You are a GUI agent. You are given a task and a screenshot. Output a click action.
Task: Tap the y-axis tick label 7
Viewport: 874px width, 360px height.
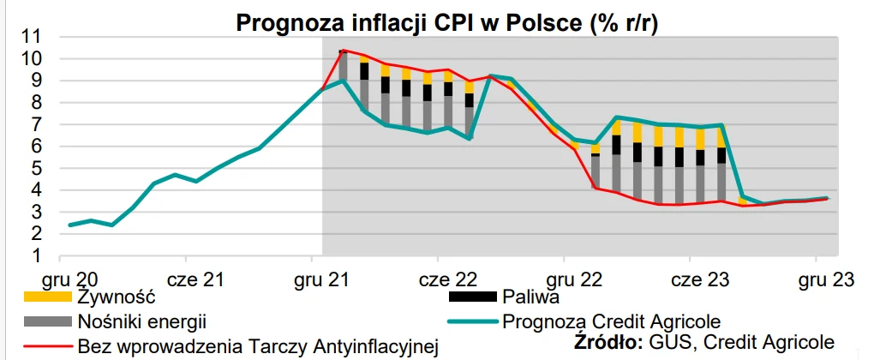click(37, 124)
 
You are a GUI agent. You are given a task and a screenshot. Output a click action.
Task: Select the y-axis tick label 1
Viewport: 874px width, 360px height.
click(37, 255)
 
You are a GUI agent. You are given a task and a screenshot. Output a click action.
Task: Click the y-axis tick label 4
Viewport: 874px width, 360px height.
click(37, 190)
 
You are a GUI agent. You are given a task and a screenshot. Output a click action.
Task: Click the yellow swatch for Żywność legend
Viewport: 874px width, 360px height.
click(45, 298)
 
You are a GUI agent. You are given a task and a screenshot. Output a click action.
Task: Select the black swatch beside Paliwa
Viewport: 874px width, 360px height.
click(472, 298)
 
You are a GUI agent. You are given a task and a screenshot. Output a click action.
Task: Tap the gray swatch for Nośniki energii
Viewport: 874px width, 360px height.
click(45, 322)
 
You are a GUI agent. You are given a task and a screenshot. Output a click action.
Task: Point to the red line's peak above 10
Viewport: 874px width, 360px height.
click(344, 51)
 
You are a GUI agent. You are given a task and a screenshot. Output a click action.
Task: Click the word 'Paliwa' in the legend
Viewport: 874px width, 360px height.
click(531, 298)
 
